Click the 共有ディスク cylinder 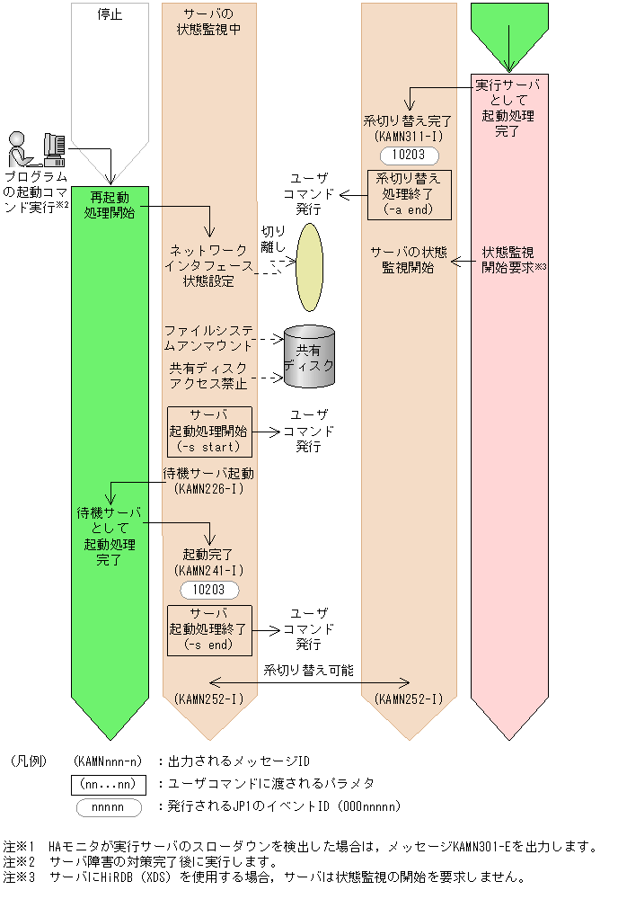308,357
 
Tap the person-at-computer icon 35,149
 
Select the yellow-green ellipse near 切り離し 309,267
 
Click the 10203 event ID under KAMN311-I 409,155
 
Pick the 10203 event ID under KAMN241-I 209,590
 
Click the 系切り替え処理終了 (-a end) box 409,194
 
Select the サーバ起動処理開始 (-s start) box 209,432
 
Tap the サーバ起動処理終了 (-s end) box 209,629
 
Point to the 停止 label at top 110,14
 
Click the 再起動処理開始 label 110,204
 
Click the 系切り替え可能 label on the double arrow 309,670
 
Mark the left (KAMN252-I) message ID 209,699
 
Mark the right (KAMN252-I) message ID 409,699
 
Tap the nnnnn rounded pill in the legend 109,806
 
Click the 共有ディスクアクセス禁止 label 209,377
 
